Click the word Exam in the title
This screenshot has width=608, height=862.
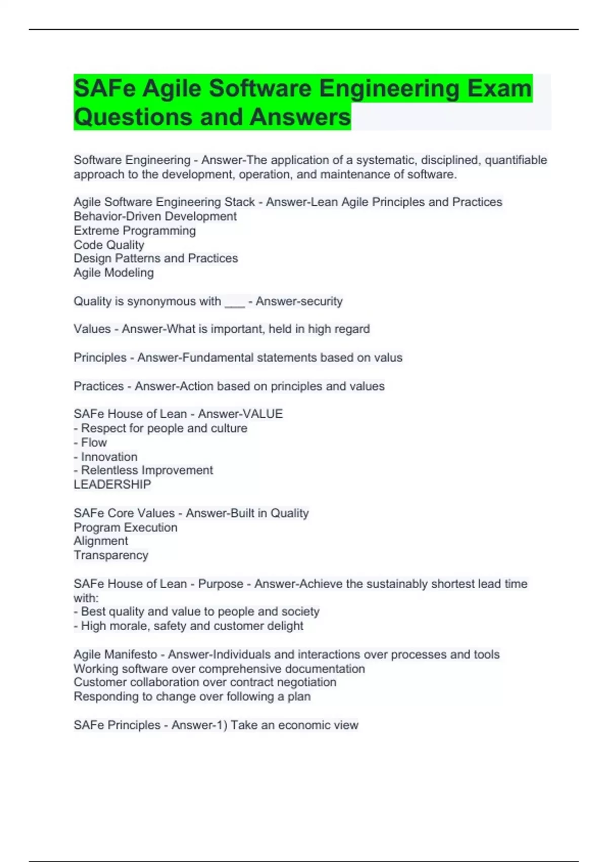coord(499,88)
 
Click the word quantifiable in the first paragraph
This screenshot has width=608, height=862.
coord(516,160)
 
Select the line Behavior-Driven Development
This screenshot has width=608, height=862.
coord(155,217)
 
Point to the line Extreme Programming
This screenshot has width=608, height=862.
coord(135,231)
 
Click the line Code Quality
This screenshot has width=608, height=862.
coord(109,245)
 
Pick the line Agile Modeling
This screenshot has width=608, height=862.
coord(113,273)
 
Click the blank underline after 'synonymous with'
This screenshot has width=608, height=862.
coord(234,302)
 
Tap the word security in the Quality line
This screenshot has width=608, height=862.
coord(320,302)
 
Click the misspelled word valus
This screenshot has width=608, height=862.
coord(388,358)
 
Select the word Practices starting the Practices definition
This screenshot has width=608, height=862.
coord(98,386)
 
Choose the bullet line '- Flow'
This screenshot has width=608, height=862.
coord(91,443)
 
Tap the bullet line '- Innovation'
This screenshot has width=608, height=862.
coord(105,457)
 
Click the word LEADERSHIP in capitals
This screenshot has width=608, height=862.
coord(112,485)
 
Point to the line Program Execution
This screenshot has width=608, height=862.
coord(126,528)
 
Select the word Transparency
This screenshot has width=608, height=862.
coord(111,556)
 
